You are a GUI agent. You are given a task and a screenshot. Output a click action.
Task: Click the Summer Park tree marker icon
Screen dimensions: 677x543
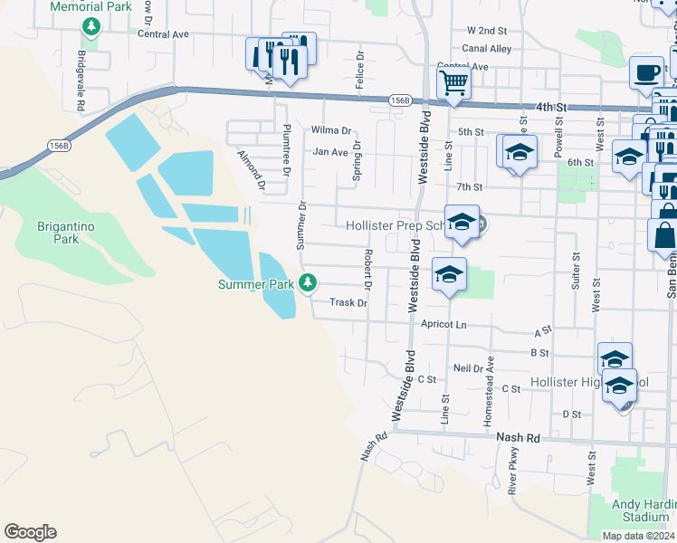click(308, 283)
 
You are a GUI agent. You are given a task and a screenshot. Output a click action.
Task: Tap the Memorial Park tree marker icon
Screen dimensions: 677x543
click(91, 26)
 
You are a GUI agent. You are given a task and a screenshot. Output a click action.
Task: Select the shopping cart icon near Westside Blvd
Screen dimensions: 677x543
click(453, 83)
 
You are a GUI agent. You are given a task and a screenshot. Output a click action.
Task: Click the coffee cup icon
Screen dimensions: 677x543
click(647, 71)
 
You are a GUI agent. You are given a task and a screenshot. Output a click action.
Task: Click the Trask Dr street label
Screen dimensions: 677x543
click(348, 303)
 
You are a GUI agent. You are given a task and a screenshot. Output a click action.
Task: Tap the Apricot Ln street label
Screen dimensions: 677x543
click(443, 324)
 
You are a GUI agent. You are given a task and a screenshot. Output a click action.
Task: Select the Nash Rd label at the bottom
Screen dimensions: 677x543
click(519, 437)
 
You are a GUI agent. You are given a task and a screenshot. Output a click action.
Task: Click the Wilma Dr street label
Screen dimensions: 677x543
click(330, 130)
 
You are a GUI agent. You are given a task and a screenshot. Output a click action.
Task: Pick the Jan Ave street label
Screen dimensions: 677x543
click(330, 152)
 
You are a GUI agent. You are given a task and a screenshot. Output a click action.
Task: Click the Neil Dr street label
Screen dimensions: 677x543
click(468, 368)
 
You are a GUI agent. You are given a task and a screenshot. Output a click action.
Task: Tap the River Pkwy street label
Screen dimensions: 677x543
click(513, 471)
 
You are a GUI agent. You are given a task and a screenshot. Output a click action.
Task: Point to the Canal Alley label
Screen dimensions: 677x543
click(486, 49)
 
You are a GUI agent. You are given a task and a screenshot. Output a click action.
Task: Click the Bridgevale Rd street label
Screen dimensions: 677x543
click(81, 68)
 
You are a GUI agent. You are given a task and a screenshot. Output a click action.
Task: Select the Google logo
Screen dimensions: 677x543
click(30, 532)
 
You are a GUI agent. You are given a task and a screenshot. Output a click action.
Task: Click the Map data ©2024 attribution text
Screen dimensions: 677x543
click(638, 536)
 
